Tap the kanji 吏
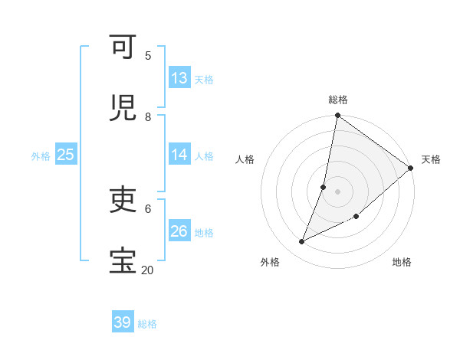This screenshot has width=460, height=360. coord(123,201)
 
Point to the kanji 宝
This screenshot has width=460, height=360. coord(123,260)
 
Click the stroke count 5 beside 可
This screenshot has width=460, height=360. coord(148,55)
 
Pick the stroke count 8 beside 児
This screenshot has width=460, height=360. coord(148,116)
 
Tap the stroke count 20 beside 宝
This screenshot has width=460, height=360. coord(147,270)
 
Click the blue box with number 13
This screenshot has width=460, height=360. coord(179,78)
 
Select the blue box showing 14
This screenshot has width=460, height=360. coord(179,155)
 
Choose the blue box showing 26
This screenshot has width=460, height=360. coord(179,231)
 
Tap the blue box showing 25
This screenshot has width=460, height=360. coord(65,155)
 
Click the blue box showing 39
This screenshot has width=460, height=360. coord(123,322)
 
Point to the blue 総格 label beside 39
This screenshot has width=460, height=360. coord(147,324)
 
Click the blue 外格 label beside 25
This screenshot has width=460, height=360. coord(41,156)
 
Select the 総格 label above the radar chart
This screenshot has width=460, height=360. coord(338,100)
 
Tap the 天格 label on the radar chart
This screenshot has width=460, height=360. coord(431,159)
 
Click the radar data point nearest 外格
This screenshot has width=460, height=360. coord(302,242)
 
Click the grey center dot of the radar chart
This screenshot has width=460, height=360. coord(338,191)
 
